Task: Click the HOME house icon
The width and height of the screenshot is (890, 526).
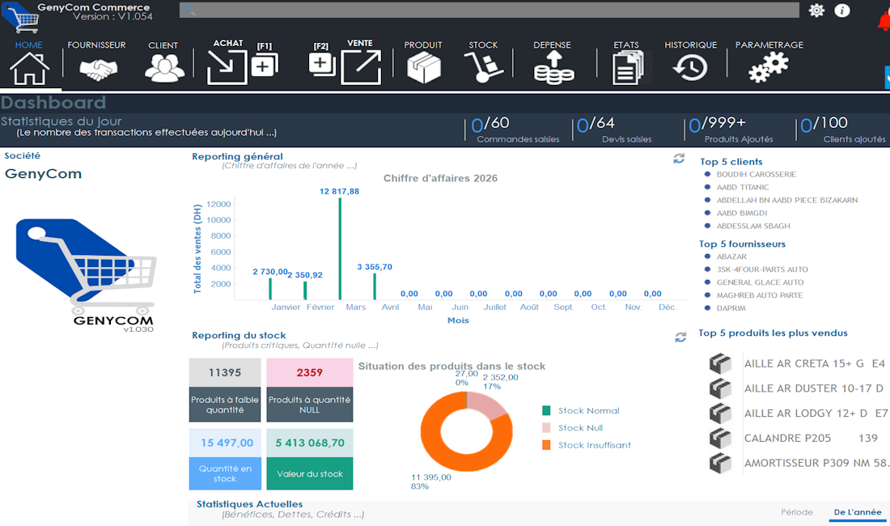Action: [x=30, y=67]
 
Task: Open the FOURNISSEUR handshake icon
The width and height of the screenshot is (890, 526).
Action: [x=98, y=69]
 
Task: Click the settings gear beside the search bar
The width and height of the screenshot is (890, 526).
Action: [x=816, y=11]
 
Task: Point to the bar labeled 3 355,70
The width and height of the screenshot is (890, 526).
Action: [x=375, y=286]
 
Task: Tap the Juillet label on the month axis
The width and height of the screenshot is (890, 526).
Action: [x=494, y=308]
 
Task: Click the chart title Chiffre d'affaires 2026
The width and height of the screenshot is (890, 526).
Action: [x=440, y=178]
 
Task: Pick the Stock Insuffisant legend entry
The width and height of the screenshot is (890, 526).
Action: [x=594, y=445]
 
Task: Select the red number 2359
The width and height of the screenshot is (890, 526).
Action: [x=309, y=372]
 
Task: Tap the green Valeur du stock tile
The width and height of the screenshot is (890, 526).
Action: [x=309, y=473]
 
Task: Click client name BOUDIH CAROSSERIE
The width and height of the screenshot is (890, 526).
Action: [x=756, y=174]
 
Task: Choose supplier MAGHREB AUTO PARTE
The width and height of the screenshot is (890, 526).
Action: [x=759, y=295]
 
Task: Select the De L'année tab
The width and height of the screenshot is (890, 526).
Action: [x=857, y=512]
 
